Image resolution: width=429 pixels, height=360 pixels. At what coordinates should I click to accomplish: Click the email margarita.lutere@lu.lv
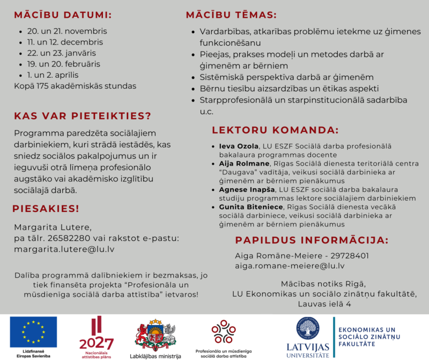click(64, 249)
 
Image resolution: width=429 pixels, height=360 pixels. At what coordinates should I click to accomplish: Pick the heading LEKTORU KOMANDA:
click(275, 130)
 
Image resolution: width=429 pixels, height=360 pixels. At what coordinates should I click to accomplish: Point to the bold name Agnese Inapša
click(247, 189)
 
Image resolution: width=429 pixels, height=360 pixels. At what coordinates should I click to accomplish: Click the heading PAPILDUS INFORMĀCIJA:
click(312, 240)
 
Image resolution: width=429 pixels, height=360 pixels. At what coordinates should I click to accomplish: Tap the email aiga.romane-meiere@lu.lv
click(290, 266)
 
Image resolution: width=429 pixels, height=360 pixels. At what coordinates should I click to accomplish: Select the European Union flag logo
click(33, 332)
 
